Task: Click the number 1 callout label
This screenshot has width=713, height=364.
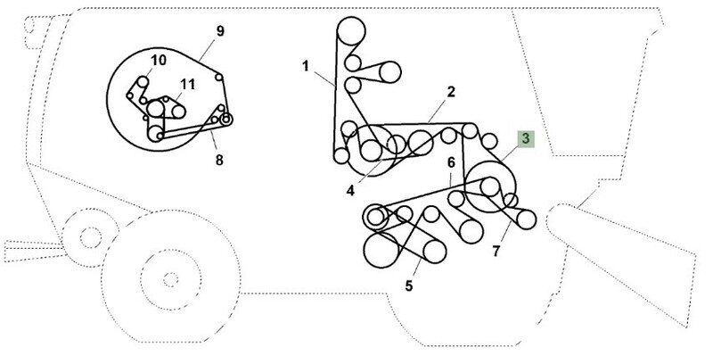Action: [x=306, y=66]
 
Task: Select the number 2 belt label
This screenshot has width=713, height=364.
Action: [x=451, y=93]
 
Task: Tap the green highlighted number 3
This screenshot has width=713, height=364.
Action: [x=526, y=139]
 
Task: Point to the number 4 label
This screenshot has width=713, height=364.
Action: [x=350, y=191]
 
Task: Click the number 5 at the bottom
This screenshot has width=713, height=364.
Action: [x=409, y=286]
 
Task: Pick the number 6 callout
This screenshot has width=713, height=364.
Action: [x=451, y=163]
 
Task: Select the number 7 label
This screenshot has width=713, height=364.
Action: [x=496, y=251]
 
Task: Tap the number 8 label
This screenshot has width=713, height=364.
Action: [x=219, y=161]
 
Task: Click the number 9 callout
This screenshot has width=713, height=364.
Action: [x=220, y=31]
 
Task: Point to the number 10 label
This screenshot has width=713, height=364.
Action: [x=159, y=61]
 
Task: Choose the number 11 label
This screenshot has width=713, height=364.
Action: [x=187, y=84]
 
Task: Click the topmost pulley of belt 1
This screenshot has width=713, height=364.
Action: [x=351, y=31]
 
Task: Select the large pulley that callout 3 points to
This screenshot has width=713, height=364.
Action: [x=491, y=186]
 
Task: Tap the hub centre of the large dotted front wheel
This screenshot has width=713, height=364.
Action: [x=170, y=280]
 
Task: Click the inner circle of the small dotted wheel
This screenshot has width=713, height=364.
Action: [x=91, y=237]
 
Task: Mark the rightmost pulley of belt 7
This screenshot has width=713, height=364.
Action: [x=527, y=219]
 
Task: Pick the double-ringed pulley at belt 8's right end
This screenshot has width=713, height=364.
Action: [x=225, y=120]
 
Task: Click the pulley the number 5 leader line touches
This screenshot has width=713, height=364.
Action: [x=434, y=252]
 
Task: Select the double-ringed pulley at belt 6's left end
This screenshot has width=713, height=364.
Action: [x=375, y=217]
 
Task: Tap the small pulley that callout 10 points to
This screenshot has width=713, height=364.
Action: [x=143, y=82]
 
